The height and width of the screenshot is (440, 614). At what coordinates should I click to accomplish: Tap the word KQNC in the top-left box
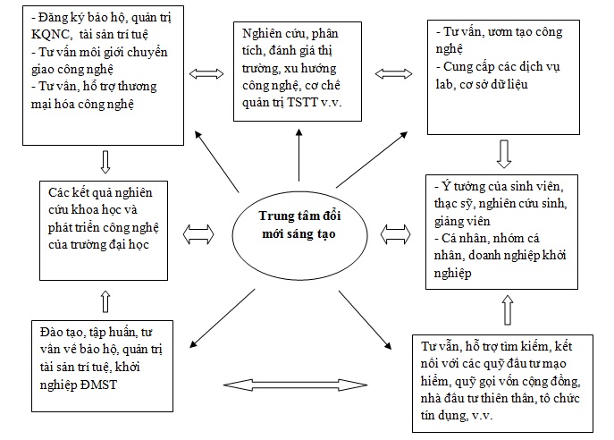click(51, 35)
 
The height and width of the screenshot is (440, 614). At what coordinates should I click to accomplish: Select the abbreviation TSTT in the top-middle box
click(302, 102)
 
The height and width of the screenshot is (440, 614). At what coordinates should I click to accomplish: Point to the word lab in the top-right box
click(444, 84)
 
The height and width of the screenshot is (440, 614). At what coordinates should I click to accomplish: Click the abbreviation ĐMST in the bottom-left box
click(98, 385)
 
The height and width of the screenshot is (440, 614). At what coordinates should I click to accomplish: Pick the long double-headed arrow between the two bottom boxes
click(295, 385)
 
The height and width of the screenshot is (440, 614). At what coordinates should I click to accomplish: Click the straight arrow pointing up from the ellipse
click(299, 155)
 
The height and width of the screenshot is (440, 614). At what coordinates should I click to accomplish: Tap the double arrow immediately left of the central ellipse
click(198, 234)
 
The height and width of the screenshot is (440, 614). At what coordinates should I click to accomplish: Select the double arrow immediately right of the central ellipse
click(396, 234)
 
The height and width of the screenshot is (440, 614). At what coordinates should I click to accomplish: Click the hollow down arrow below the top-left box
click(105, 162)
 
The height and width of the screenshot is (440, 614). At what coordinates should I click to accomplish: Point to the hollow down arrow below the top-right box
click(504, 154)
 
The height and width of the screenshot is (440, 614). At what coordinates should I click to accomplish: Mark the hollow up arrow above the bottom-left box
click(105, 301)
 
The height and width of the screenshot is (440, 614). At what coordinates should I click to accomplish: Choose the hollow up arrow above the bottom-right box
click(508, 310)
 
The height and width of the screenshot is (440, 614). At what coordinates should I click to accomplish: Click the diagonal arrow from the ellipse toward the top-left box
click(216, 162)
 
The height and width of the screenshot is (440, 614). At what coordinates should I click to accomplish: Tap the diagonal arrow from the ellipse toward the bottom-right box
click(365, 319)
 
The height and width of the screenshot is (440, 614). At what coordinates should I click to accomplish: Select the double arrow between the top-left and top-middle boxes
click(206, 73)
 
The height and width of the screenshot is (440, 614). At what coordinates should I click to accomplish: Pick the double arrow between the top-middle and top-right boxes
click(393, 73)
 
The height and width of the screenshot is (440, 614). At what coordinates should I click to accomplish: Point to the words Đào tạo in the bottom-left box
click(62, 332)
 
